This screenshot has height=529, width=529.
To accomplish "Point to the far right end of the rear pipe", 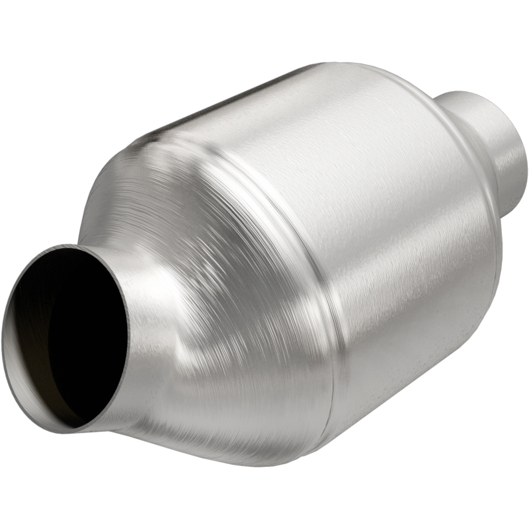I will coord(526,159).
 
